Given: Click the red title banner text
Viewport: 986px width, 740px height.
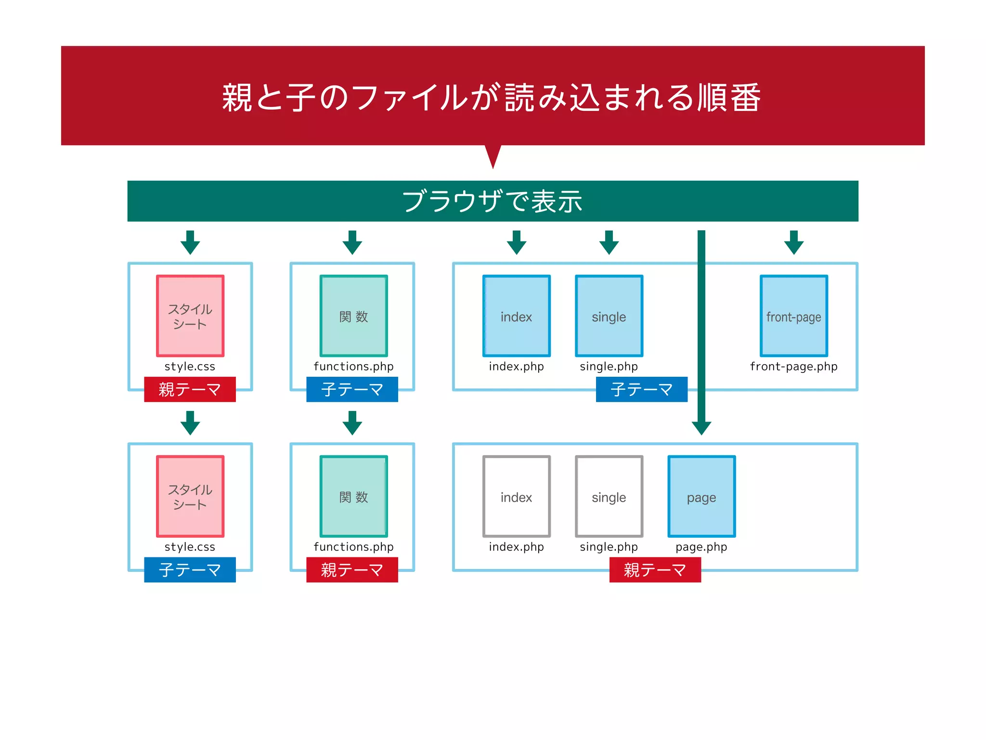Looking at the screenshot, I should [491, 98].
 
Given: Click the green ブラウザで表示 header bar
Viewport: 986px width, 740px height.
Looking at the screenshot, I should [493, 201].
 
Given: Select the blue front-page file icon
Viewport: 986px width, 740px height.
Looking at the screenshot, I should [793, 316].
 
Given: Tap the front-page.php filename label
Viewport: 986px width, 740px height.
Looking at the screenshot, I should [793, 367].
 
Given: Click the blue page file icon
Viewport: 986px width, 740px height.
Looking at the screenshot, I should [701, 496].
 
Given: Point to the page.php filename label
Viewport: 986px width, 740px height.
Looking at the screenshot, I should [701, 547].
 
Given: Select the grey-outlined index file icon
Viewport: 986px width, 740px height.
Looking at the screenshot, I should [516, 496].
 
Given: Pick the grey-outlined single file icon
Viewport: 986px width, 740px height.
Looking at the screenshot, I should [609, 496].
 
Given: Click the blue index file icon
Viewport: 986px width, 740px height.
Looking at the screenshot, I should [516, 316].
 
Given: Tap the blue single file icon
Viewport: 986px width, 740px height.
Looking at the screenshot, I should [609, 316].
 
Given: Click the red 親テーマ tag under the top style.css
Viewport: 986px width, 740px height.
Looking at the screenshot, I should [190, 389].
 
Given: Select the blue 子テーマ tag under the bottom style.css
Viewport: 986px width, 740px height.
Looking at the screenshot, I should [190, 570].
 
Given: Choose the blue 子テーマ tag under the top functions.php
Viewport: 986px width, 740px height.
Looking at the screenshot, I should [352, 389].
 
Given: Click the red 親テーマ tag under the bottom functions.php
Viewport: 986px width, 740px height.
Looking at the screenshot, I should [352, 570].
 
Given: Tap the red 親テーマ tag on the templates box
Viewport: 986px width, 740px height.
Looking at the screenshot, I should [655, 570].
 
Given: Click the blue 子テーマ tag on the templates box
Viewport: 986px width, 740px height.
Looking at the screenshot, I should [641, 389].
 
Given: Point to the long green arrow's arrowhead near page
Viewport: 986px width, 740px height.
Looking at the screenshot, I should [701, 427].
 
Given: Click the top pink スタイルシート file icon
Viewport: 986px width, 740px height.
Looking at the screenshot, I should [190, 316].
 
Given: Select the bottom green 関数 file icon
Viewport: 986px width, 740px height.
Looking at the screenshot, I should [353, 496].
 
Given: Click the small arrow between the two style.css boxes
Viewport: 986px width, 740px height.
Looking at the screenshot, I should [190, 423].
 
